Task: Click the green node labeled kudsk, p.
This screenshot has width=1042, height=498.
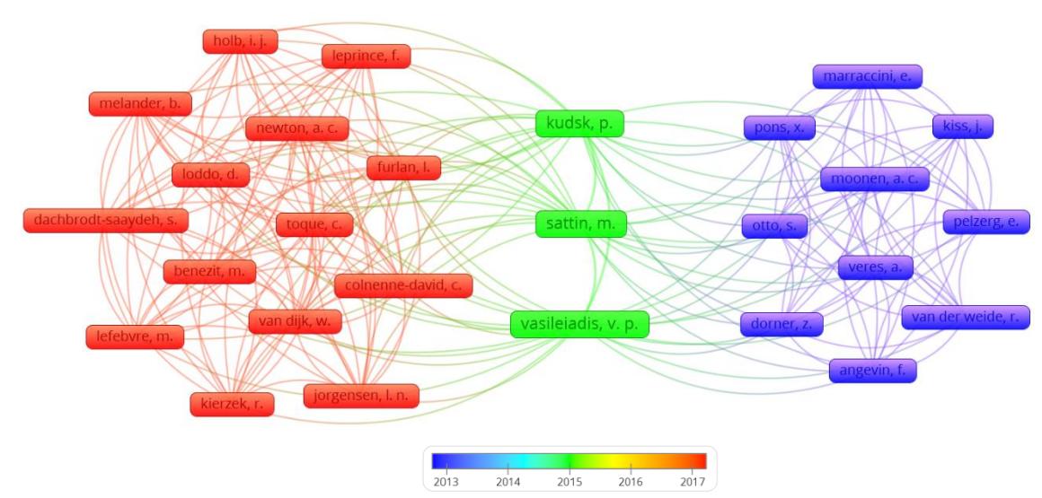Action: pos(579,124)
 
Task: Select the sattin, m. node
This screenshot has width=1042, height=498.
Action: pos(581,224)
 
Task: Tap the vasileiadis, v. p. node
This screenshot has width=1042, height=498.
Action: pos(579,324)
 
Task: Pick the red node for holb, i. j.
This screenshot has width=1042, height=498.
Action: pos(240,41)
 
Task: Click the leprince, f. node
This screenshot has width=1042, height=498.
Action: pos(366,56)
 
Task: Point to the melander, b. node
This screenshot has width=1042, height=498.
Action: pos(140,103)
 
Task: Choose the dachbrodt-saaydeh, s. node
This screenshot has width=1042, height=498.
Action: pos(106,221)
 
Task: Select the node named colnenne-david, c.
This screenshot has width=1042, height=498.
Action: pos(403,285)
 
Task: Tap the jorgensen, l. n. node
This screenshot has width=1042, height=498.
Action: pos(361,396)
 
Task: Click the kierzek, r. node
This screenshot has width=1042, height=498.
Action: pos(232,404)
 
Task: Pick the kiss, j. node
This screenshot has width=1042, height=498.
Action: pos(963,127)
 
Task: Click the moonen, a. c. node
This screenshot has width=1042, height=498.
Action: pos(875,179)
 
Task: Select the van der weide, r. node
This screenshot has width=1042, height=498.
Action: pos(966,318)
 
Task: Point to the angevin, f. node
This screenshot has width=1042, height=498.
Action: pos(872,371)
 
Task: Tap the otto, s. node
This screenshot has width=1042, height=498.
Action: pos(775,226)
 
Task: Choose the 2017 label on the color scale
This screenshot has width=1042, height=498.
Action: pos(693,482)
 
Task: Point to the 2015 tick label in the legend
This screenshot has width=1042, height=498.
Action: pos(569,482)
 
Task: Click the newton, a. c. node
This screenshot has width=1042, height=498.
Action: pos(296,129)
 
